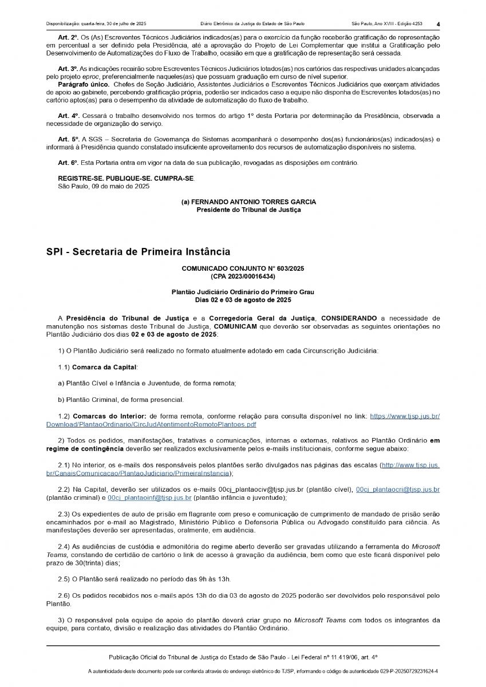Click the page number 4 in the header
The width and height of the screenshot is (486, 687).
438,24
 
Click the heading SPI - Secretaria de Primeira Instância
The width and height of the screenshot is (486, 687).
138,251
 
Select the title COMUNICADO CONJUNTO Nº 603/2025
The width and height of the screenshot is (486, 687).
243,268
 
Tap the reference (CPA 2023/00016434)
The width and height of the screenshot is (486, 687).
243,275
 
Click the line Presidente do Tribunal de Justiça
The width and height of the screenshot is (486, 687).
248,210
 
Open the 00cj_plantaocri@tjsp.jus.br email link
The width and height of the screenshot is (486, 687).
398,490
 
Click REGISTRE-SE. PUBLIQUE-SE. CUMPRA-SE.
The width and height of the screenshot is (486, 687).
126,179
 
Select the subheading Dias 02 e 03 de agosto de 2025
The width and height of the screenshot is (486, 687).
243,299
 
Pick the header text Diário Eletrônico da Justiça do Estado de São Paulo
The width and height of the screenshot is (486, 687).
252,24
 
